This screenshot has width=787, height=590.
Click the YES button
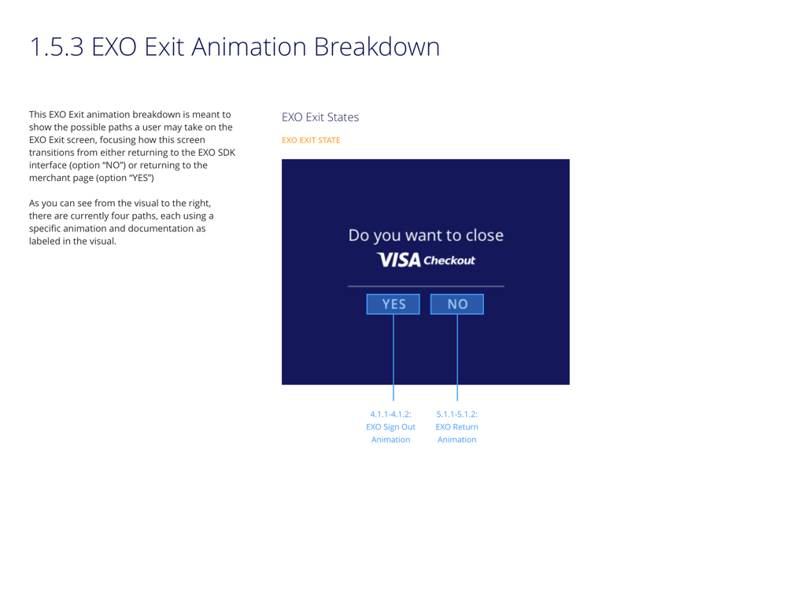coord(393,304)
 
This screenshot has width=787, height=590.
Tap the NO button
coord(456,304)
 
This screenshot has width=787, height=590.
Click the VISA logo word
coord(399,260)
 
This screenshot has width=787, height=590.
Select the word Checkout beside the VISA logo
coord(449,260)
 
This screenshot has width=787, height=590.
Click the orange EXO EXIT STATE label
coord(311,141)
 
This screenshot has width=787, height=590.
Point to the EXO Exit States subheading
coord(320,117)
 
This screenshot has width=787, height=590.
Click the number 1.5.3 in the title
coord(57,47)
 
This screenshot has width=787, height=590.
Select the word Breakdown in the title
coord(377,46)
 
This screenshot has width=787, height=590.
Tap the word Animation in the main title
coord(249,46)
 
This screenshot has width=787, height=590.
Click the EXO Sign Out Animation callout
coord(390,427)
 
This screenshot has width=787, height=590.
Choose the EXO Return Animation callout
coord(456,427)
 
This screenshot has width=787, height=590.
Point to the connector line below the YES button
coord(393,357)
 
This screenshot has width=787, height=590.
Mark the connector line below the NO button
coord(457,357)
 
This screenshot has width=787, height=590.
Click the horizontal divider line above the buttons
coord(426,286)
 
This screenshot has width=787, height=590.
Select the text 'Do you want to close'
coord(426,235)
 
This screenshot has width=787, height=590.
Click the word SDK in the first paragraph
coord(227,153)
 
